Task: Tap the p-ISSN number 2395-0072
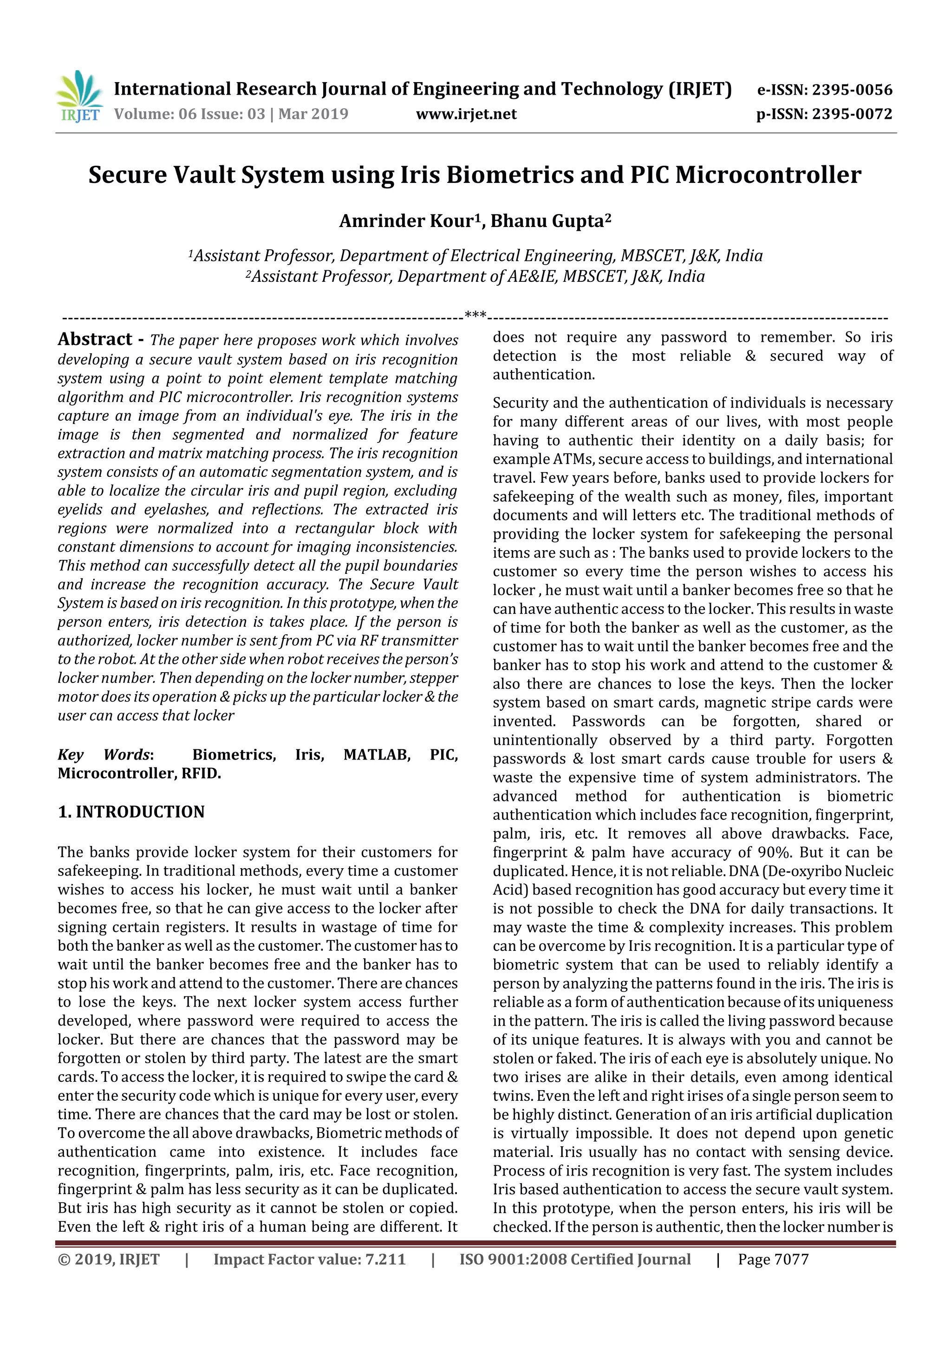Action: click(851, 114)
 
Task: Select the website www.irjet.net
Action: click(466, 114)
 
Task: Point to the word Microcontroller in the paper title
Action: click(768, 175)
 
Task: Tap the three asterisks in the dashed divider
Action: click(475, 316)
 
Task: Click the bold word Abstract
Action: click(95, 339)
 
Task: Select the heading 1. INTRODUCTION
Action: click(131, 812)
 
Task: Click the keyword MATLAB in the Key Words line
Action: click(377, 754)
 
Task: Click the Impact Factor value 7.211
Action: click(385, 1260)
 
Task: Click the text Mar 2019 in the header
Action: click(313, 114)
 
